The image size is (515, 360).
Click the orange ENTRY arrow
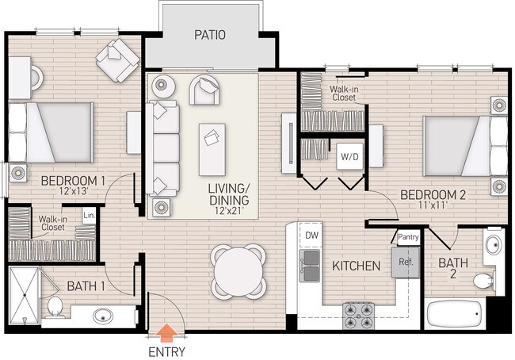(x=167, y=333)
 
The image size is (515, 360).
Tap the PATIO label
(x=210, y=35)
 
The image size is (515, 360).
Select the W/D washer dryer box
(x=349, y=156)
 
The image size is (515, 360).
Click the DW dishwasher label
(x=311, y=236)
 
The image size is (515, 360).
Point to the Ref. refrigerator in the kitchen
(x=406, y=262)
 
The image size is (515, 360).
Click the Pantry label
(x=408, y=237)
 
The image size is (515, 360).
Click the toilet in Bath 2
(x=483, y=281)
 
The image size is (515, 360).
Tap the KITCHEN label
(x=356, y=266)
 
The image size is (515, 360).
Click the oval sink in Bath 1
(x=103, y=316)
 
